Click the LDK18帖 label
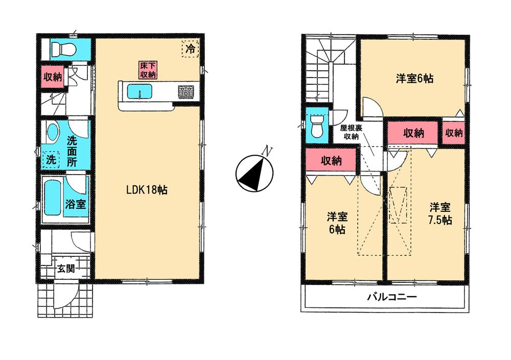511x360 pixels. click(x=147, y=190)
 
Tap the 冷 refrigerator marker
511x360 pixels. click(x=190, y=50)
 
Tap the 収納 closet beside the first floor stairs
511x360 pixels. click(x=52, y=77)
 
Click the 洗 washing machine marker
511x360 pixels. click(x=51, y=159)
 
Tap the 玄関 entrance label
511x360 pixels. click(x=65, y=268)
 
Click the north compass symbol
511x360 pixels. click(x=254, y=173)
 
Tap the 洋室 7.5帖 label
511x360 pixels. click(x=439, y=213)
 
